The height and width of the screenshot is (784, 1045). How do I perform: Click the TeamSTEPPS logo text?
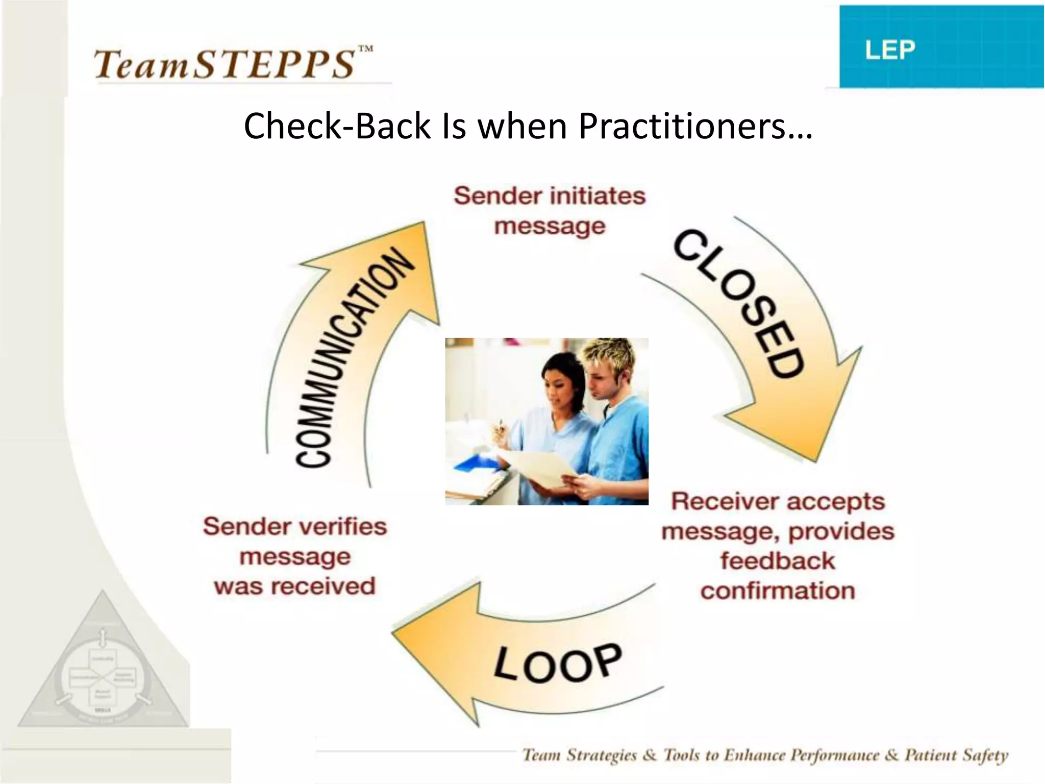[x=225, y=64]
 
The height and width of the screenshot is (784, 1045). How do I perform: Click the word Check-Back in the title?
[x=337, y=126]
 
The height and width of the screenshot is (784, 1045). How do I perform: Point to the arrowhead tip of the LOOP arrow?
[x=395, y=633]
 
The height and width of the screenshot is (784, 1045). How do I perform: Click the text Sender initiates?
[x=549, y=196]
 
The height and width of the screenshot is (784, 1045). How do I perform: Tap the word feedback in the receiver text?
[x=777, y=561]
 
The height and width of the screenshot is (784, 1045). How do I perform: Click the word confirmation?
[x=777, y=591]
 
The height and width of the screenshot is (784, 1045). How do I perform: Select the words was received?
[x=294, y=586]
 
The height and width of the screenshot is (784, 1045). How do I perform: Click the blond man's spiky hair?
[x=610, y=355]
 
